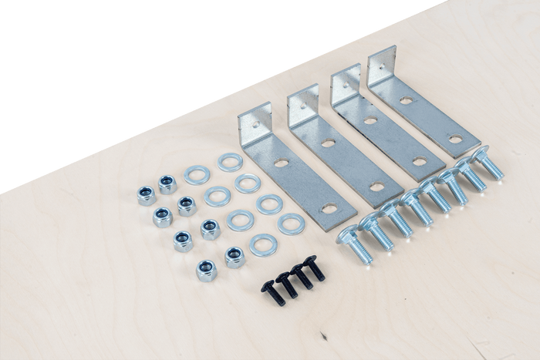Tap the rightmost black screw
(x=315, y=272)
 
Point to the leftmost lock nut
(x=146, y=195)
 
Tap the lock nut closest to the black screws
(x=233, y=255)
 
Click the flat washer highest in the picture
(x=229, y=161)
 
